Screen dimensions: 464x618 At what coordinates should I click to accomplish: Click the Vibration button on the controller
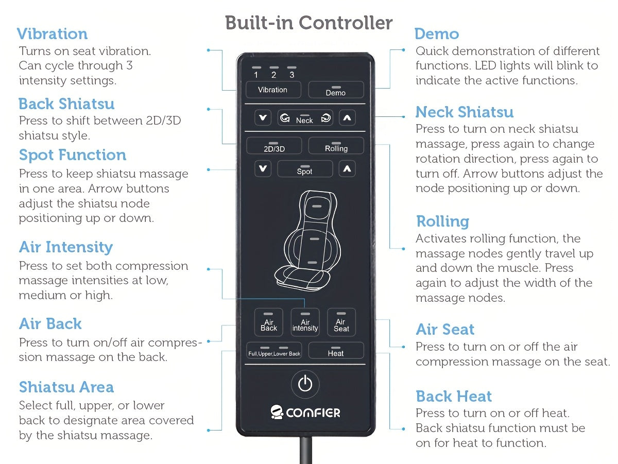coord(273,90)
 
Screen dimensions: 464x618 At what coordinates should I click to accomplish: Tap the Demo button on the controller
coord(336,90)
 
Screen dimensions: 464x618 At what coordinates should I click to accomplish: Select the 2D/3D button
coord(274,146)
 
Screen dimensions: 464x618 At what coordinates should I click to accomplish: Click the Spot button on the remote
coord(304,169)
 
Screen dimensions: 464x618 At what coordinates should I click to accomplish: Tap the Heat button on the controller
coord(336,351)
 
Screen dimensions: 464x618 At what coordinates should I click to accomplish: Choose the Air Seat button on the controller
coord(341,322)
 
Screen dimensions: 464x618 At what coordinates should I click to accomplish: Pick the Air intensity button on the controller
coord(305,322)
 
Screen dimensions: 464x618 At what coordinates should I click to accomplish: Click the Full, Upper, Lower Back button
coord(274,351)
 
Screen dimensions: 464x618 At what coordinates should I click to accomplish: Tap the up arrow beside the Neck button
coord(347,118)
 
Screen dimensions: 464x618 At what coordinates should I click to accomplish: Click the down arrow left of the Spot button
coord(263,168)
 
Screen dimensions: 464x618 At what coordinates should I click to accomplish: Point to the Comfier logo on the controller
coord(305,412)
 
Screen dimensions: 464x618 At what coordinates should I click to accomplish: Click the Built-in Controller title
coord(309,23)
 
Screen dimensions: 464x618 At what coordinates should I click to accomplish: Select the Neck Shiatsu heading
coord(465,112)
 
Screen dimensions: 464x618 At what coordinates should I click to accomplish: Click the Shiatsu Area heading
coord(66,387)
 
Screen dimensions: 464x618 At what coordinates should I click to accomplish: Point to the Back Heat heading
coord(454,396)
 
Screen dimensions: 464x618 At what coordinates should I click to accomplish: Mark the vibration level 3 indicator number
coord(292,75)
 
